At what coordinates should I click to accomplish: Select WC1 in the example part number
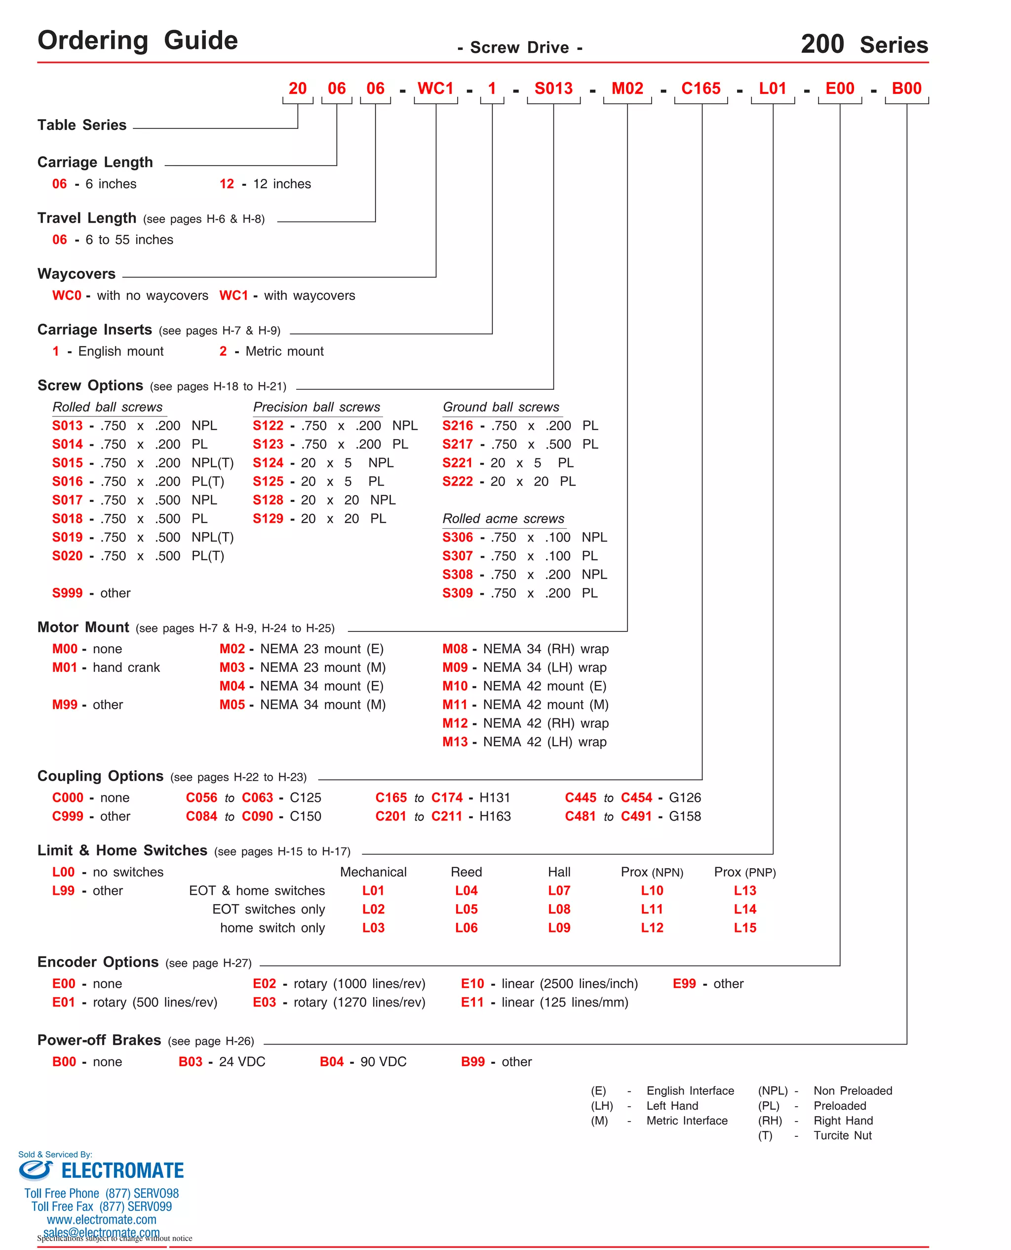435,88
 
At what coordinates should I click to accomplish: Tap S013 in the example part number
553,88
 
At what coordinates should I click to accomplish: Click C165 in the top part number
700,88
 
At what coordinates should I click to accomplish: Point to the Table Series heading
81,125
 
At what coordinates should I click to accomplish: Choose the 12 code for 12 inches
227,184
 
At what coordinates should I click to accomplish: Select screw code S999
68,593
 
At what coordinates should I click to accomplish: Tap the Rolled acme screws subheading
503,519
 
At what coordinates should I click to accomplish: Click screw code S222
457,481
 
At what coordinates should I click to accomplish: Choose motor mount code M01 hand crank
65,667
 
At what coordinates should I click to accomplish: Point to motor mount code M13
455,742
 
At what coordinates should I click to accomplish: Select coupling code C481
580,816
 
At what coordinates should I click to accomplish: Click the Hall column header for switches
558,872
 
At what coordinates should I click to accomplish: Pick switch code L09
558,928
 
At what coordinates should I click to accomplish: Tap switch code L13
744,890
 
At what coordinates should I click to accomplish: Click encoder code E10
472,984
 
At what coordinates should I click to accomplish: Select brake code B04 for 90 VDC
331,1062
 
